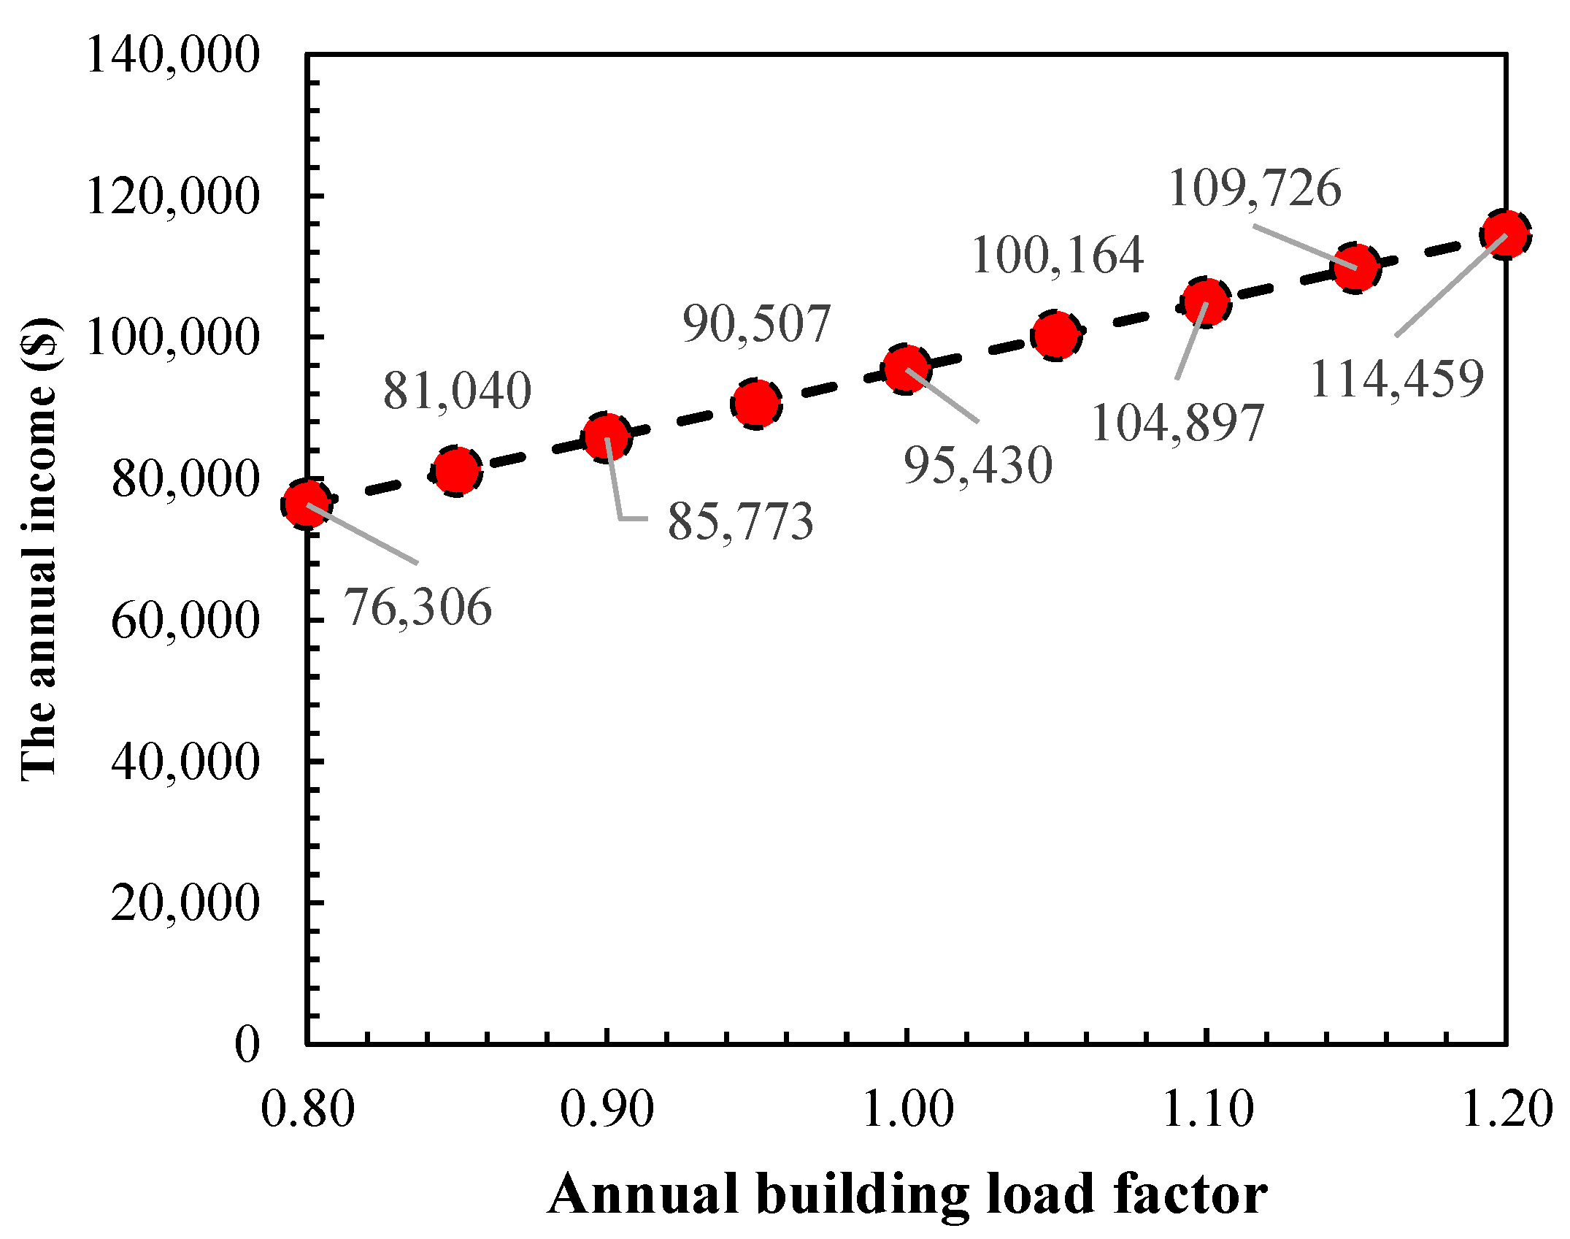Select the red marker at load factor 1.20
(1506, 234)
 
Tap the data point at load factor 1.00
(906, 369)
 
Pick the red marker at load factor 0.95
(756, 403)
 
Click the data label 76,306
(417, 607)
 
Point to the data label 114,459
(1397, 379)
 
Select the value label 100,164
(1058, 256)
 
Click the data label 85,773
(740, 521)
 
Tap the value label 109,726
(1255, 188)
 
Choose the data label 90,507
(756, 323)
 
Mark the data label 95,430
(978, 465)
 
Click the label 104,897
(1177, 423)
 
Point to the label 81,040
(458, 391)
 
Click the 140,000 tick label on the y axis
(173, 55)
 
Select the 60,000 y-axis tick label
(185, 621)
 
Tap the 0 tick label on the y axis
(247, 1044)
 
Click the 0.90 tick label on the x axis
(607, 1110)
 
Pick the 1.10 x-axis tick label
(1207, 1110)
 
